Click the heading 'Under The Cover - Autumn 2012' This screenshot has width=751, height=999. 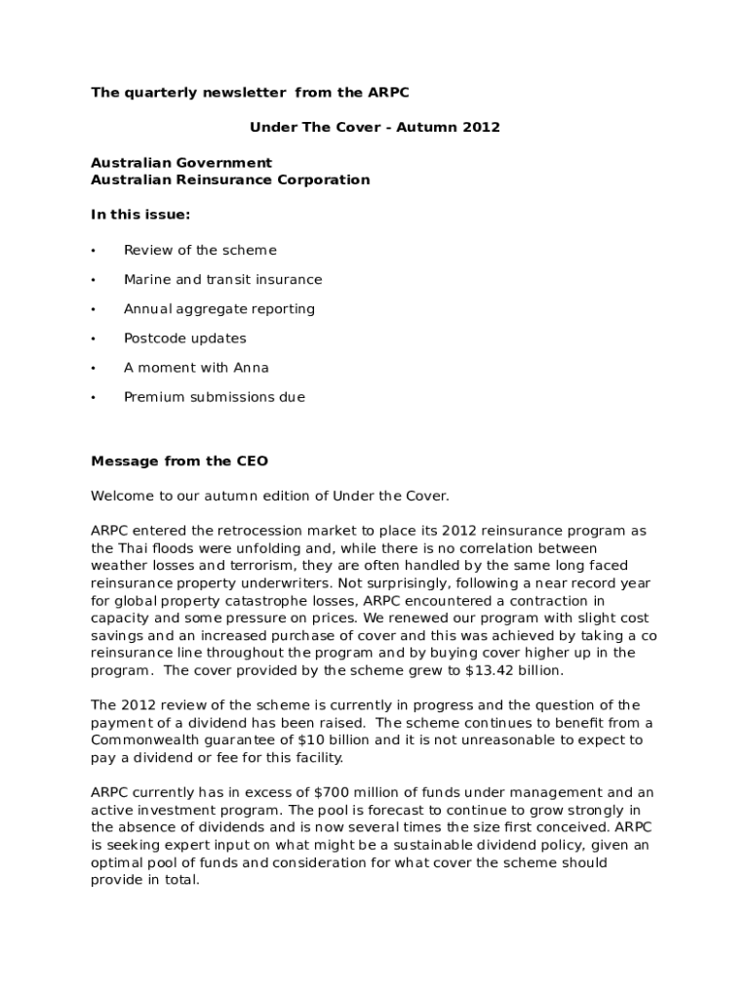click(375, 128)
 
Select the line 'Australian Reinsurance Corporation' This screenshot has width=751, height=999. click(230, 180)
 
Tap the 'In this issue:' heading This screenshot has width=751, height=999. click(140, 215)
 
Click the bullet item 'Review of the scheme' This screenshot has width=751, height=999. click(200, 251)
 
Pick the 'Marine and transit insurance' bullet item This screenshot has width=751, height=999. click(222, 280)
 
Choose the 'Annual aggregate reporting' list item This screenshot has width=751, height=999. click(218, 309)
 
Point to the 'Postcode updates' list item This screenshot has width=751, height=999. click(184, 339)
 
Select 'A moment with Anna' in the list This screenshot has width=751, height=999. click(196, 368)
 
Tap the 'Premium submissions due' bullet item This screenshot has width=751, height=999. click(214, 397)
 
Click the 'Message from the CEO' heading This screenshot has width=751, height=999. click(179, 460)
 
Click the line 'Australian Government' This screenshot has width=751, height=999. click(181, 163)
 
